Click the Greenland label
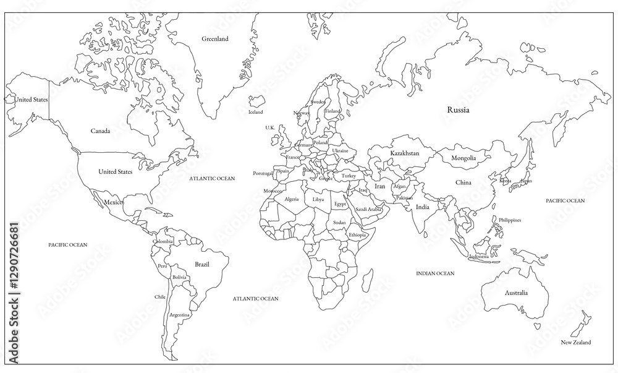[x=215, y=39]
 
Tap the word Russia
[x=458, y=110]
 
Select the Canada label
[x=100, y=131]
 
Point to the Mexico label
[x=113, y=203]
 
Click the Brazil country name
[x=201, y=264]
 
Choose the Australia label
[x=515, y=293]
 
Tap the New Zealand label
[x=575, y=342]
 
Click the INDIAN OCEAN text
[x=435, y=273]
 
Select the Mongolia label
[x=463, y=158]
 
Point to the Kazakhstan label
[x=405, y=153]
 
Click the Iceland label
[x=255, y=113]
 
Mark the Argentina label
[x=179, y=315]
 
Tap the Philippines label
[x=510, y=220]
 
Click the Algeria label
[x=292, y=199]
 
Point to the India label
[x=423, y=207]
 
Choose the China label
[x=463, y=182]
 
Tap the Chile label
[x=160, y=297]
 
